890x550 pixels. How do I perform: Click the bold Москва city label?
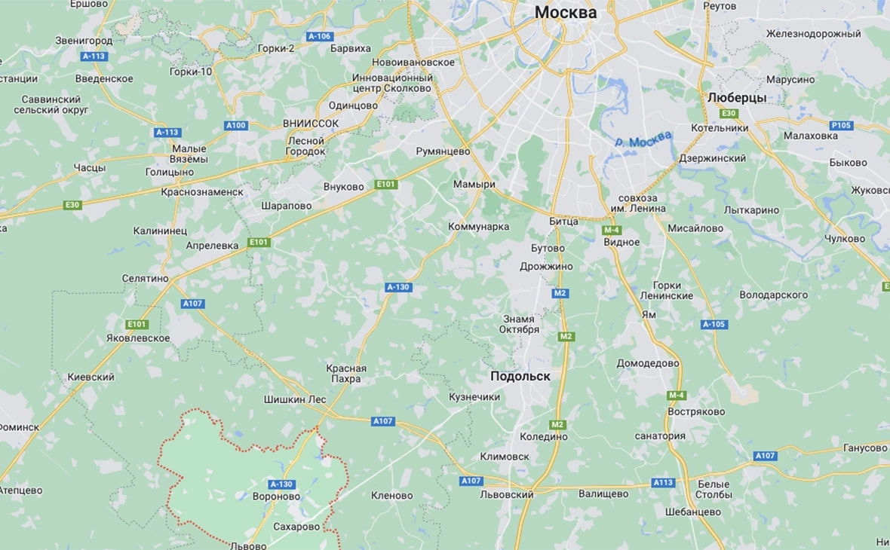click(566, 12)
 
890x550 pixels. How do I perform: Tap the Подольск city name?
click(520, 376)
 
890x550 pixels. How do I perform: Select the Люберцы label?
click(737, 98)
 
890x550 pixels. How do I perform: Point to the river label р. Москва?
click(642, 141)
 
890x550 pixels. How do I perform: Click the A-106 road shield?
click(320, 36)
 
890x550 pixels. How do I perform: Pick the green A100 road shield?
click(236, 125)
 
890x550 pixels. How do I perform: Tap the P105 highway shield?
click(841, 125)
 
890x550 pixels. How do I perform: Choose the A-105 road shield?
click(714, 325)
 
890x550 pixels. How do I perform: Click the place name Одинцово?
click(353, 105)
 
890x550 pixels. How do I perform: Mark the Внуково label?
click(343, 187)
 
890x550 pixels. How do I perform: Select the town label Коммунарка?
click(478, 227)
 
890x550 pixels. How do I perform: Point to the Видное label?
click(621, 243)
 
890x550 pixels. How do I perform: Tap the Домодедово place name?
click(648, 363)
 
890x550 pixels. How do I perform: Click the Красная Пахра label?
click(346, 374)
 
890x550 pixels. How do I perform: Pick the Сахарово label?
click(296, 527)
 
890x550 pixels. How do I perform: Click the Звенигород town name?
click(84, 41)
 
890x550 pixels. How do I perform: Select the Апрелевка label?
click(213, 246)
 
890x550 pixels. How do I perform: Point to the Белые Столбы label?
click(714, 489)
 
